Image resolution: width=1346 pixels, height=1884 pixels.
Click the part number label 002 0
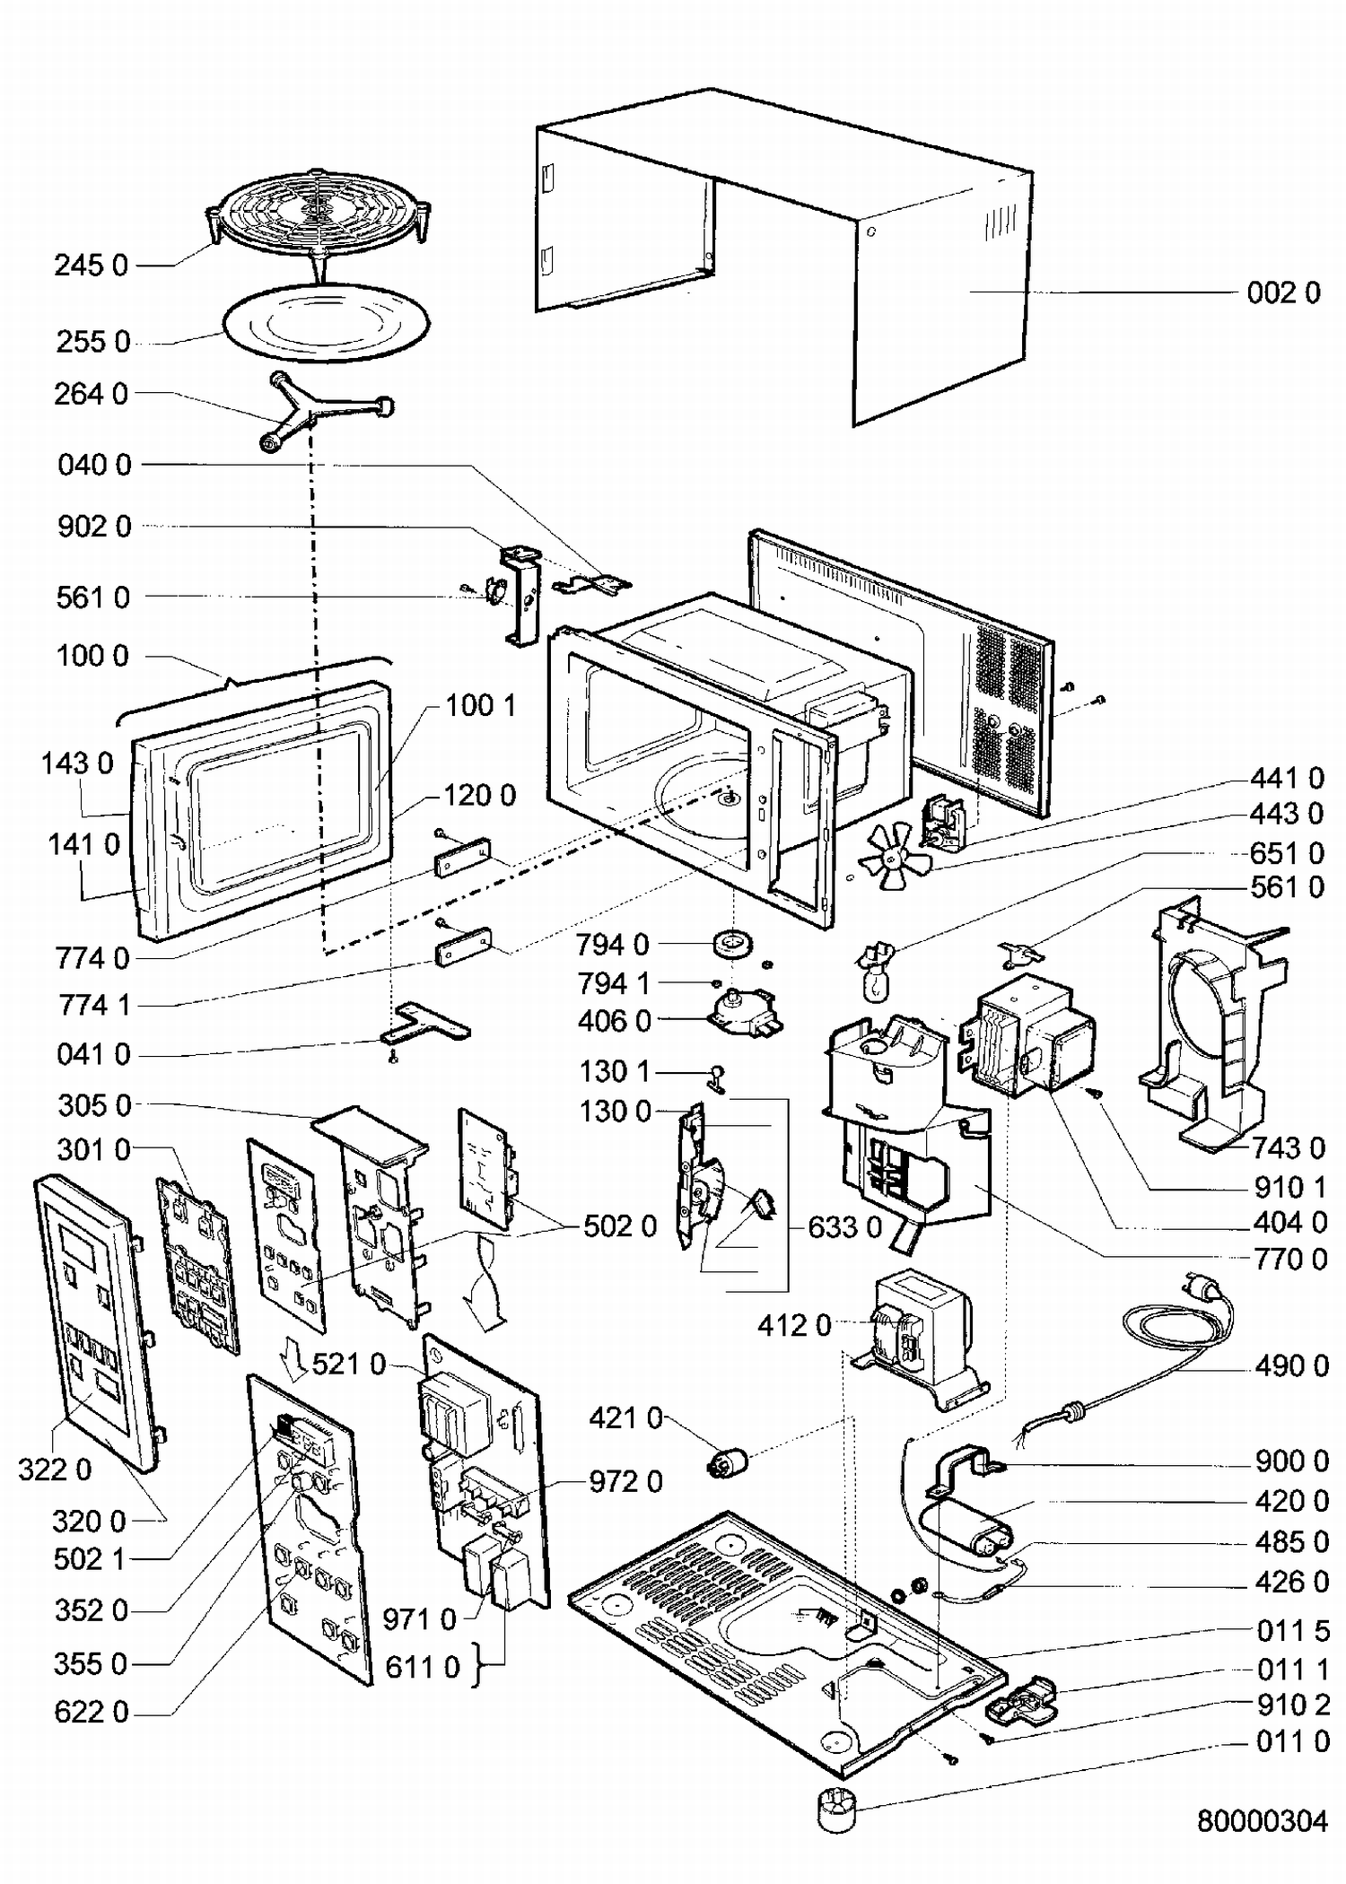(1283, 293)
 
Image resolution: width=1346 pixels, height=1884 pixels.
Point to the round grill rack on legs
(319, 215)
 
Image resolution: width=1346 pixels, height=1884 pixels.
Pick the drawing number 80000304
(1262, 1820)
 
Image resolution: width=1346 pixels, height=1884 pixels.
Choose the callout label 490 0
(1291, 1365)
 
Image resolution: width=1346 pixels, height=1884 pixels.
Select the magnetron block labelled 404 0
(1032, 1036)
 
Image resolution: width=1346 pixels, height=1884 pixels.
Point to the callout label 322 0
(55, 1470)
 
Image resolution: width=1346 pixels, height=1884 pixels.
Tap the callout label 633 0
(844, 1226)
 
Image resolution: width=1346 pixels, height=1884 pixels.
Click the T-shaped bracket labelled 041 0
(425, 1022)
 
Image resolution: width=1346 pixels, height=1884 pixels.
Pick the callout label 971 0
(419, 1619)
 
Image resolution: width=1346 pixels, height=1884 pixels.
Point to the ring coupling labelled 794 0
(732, 944)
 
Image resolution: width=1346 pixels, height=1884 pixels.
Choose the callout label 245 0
(91, 266)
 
